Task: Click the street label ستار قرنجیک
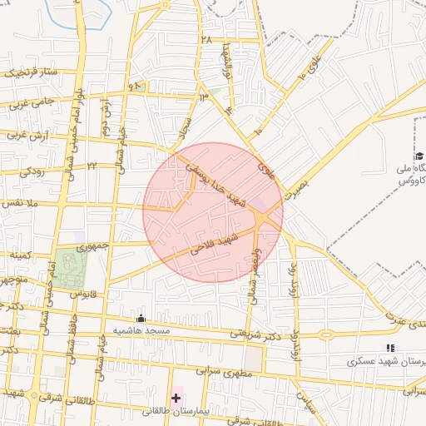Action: pos(32,72)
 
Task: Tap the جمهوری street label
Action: pos(92,247)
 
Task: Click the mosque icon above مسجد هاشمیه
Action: pos(140,318)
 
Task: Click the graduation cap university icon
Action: pos(419,156)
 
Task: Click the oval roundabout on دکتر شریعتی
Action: pos(324,334)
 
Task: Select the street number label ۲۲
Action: pos(92,166)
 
